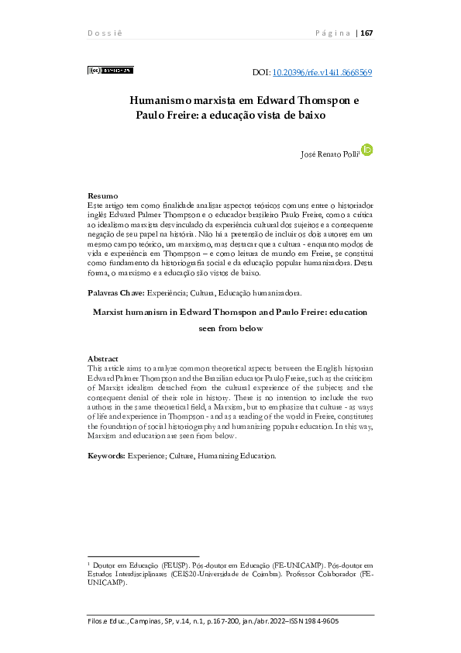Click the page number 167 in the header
pos(366,33)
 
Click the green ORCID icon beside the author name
pos(367,149)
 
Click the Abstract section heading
pos(105,358)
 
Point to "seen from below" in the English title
pos(230,328)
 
